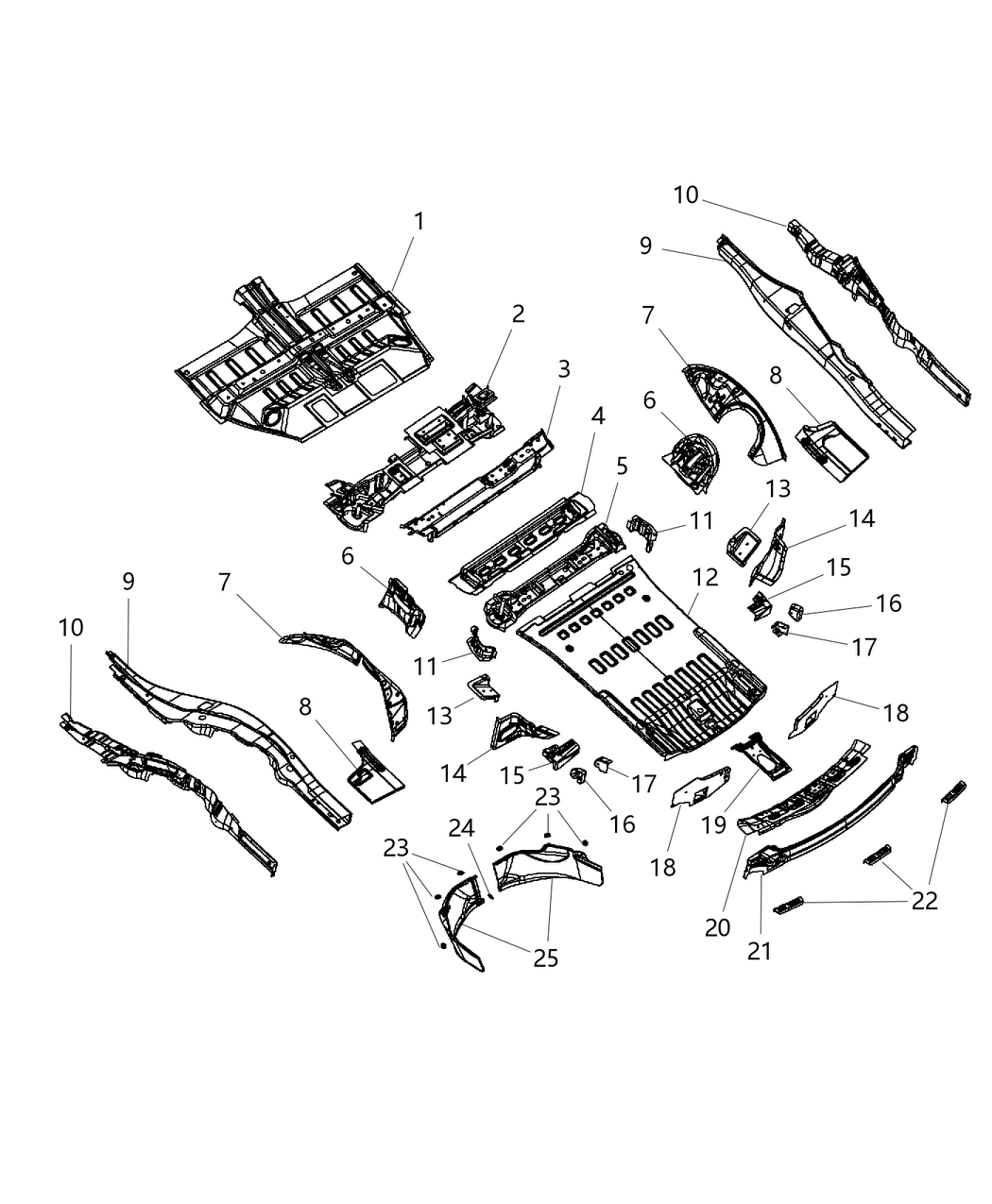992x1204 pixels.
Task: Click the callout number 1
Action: click(x=419, y=222)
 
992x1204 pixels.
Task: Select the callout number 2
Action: click(x=518, y=314)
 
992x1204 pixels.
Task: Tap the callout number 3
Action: click(x=564, y=369)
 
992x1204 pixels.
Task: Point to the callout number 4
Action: click(x=597, y=416)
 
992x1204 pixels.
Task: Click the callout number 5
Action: click(x=621, y=466)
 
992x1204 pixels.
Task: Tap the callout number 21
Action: click(x=760, y=951)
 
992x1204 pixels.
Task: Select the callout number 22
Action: click(x=924, y=901)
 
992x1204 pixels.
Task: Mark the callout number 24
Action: click(x=461, y=828)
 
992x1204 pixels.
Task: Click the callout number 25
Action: click(x=545, y=958)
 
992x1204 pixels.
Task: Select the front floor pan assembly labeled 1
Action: click(x=302, y=359)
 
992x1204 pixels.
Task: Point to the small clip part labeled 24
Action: click(x=490, y=896)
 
